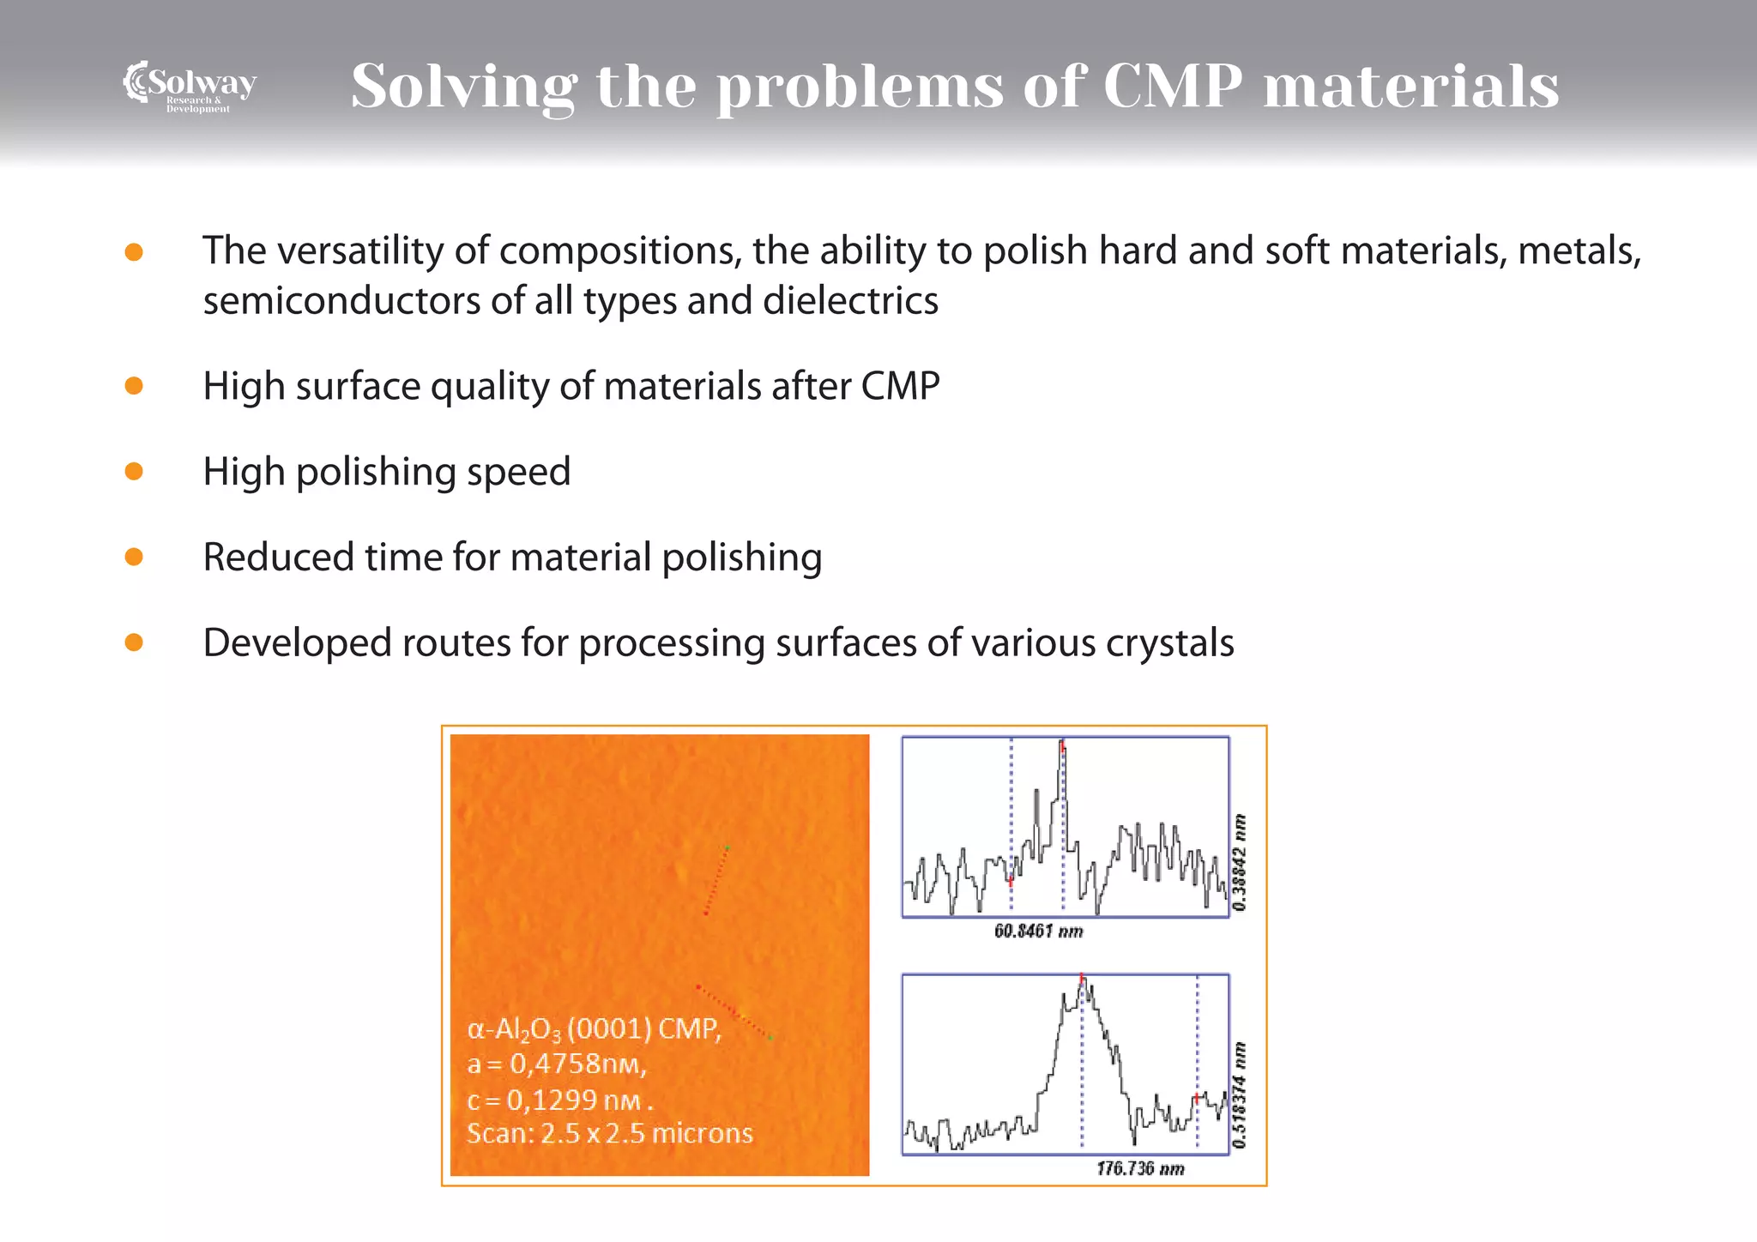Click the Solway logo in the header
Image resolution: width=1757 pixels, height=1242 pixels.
click(x=190, y=86)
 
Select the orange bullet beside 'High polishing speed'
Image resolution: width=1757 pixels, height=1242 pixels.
click(x=134, y=471)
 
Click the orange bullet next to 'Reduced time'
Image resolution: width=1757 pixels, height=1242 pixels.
click(x=134, y=557)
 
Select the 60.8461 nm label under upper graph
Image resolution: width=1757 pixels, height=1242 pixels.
click(x=1038, y=931)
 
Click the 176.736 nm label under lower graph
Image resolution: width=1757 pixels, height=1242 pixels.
click(x=1140, y=1169)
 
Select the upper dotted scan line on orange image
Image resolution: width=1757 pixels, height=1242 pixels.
click(x=716, y=881)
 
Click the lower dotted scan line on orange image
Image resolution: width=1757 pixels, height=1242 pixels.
click(x=734, y=1012)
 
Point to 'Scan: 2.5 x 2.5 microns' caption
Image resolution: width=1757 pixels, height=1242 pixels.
click(x=609, y=1134)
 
